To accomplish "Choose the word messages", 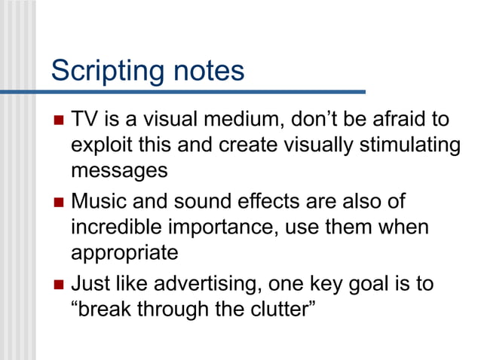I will point(119,171).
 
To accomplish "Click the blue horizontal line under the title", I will point(188,92).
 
